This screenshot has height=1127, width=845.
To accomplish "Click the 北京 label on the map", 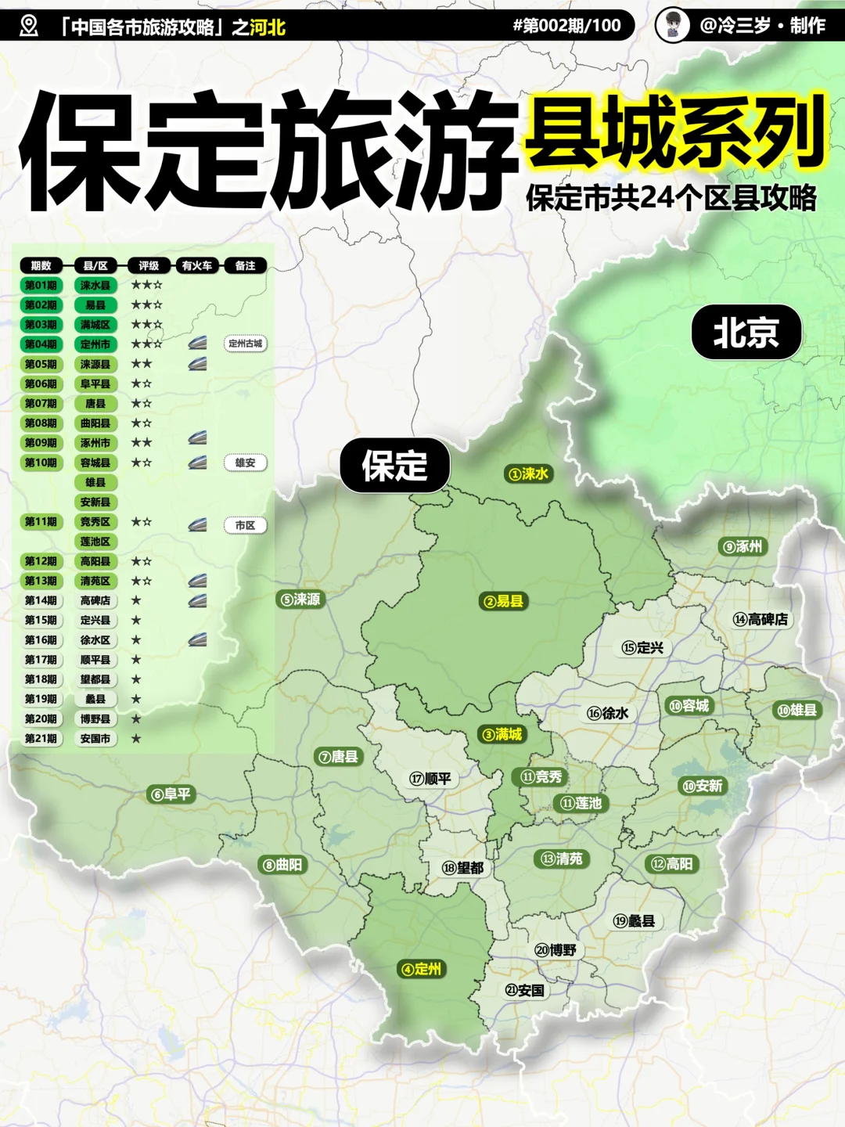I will click(746, 333).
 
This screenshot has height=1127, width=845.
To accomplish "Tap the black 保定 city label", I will click(394, 466).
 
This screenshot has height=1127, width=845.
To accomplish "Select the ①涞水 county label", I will click(529, 473).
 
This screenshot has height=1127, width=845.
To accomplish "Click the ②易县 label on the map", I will click(504, 601).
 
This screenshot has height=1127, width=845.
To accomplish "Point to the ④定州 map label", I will click(421, 969).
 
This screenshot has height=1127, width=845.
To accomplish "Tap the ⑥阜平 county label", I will click(170, 794).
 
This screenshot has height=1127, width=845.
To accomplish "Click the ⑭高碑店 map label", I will click(760, 619).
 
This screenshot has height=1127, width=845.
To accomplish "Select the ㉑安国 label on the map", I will click(524, 990).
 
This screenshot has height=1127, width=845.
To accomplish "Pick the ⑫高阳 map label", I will click(672, 864).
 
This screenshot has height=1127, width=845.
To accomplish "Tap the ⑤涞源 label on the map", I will click(300, 600).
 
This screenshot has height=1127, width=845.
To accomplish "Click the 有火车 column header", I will click(197, 266).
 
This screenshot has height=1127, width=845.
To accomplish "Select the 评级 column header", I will click(149, 266).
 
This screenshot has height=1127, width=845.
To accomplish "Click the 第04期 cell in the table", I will click(41, 344).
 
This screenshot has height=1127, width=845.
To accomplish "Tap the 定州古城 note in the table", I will click(245, 344).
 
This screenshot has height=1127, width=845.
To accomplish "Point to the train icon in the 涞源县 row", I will click(197, 364).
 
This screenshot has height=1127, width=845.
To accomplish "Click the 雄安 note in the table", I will click(245, 463).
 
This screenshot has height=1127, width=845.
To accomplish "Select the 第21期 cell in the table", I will click(41, 738).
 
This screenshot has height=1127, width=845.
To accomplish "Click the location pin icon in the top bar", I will click(29, 26).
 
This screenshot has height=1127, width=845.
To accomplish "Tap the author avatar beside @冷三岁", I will click(672, 25).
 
